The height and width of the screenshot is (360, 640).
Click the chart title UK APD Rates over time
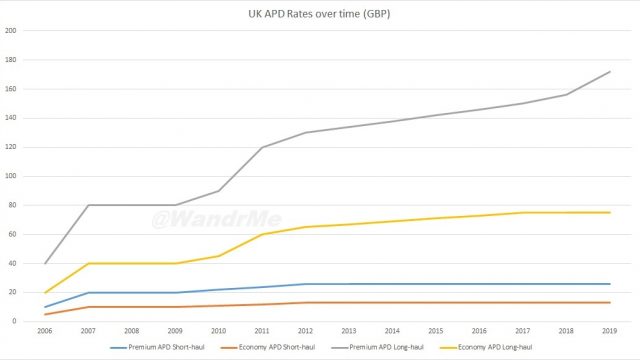(x=320, y=15)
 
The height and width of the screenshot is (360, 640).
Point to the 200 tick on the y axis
(x=12, y=30)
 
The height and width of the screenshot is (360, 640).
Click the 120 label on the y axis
(x=12, y=147)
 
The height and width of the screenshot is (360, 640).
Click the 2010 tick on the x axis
(x=219, y=329)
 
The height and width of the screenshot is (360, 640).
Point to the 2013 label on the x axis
(x=348, y=329)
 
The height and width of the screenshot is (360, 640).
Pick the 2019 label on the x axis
(x=607, y=329)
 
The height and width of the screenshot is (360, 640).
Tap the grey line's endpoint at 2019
(x=607, y=71)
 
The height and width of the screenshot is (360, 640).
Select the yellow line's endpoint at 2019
(x=607, y=212)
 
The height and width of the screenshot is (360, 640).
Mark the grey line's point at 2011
(x=262, y=147)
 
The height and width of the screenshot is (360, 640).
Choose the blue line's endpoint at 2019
(x=607, y=284)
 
